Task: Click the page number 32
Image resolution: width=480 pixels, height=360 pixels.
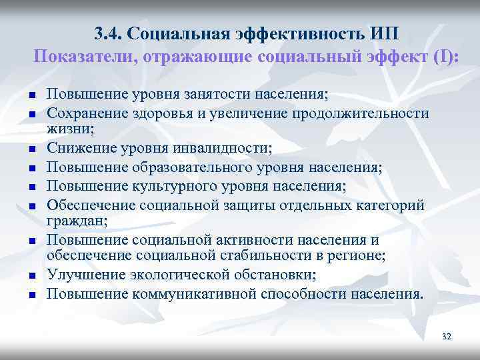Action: pyautogui.click(x=446, y=337)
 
